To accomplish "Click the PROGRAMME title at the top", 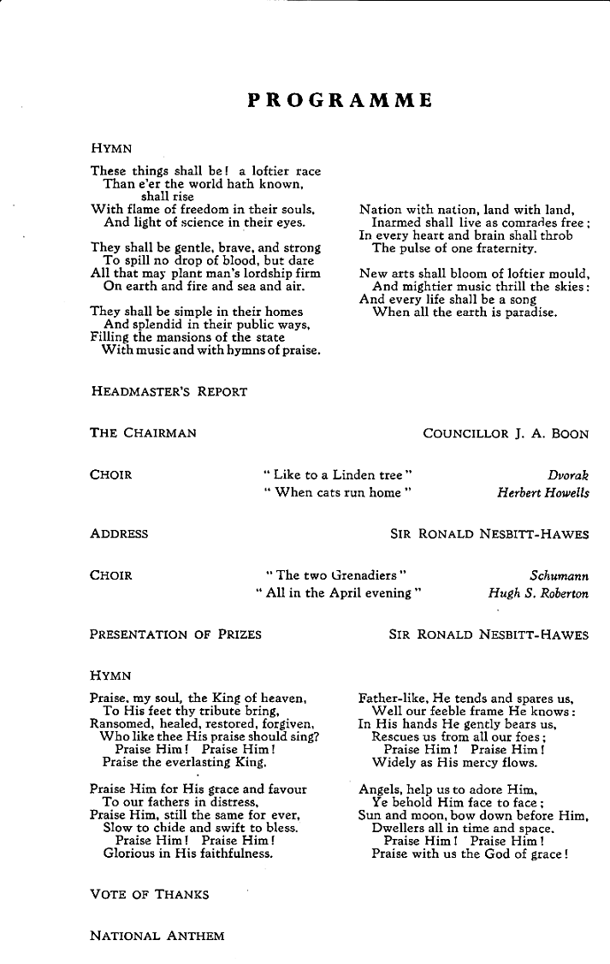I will (x=340, y=101).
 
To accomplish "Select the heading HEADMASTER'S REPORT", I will (x=169, y=391).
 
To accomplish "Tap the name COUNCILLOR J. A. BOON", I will (x=506, y=433).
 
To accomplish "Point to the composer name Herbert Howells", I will (x=542, y=492).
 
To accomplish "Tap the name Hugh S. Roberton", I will (x=538, y=593).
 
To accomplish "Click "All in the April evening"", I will (x=339, y=593).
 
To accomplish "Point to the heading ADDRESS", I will (x=119, y=533).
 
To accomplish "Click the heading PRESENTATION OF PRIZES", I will (x=175, y=634).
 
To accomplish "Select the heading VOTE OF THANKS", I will (x=149, y=895).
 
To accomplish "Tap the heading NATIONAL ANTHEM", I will (x=157, y=936).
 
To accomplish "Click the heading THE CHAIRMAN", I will (x=143, y=433).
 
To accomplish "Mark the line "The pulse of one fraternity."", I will (x=454, y=248).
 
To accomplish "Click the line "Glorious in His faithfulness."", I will (x=188, y=854).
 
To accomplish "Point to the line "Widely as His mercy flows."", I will (x=454, y=762).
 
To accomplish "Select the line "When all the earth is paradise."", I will (x=465, y=312).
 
